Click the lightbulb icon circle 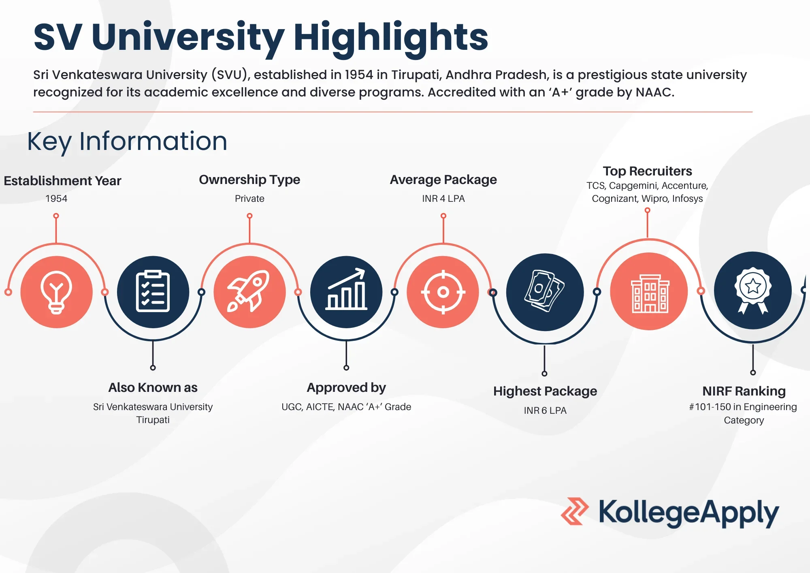point(56,292)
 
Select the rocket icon point(249,291)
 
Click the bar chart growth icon point(346,289)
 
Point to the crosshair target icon point(443,292)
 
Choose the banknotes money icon point(544,291)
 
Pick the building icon point(650,293)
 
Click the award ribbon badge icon point(753,290)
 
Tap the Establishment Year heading point(62,181)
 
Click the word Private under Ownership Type point(249,199)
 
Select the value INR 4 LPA point(443,199)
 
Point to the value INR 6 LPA point(545,411)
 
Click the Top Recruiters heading point(647,171)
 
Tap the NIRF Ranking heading point(744,391)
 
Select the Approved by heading point(346,388)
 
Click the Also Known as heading point(153,387)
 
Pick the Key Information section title point(127,141)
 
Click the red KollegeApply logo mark point(575,511)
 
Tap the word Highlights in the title point(390,37)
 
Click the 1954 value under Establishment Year point(56,199)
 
